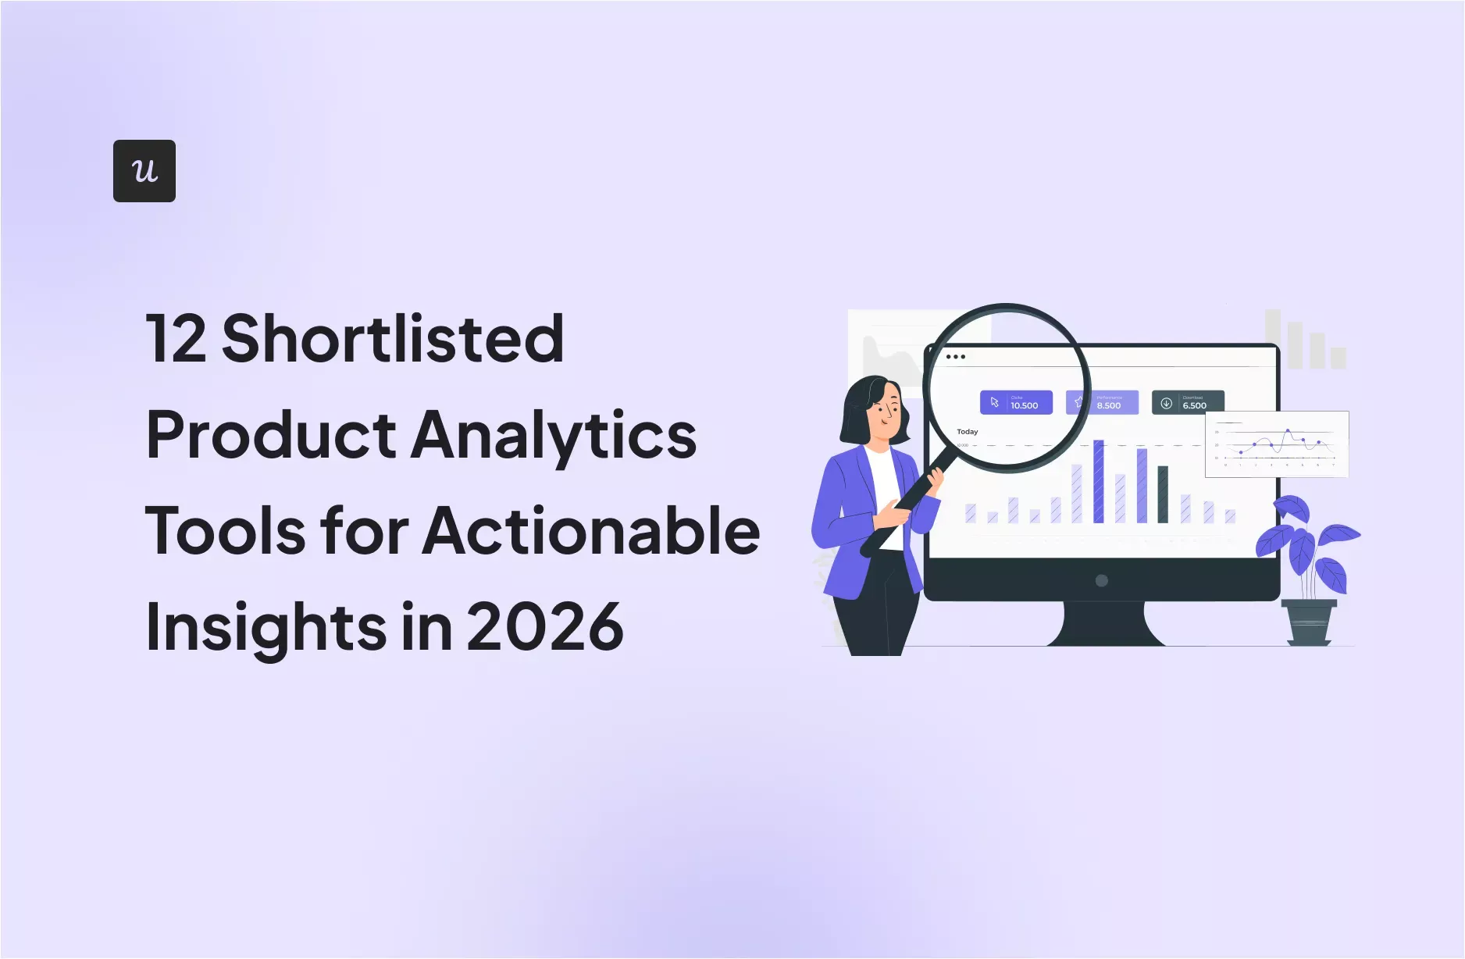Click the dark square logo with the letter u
tap(144, 171)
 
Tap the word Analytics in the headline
tap(554, 435)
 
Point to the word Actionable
tap(591, 531)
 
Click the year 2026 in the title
tap(545, 627)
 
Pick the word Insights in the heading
tap(266, 627)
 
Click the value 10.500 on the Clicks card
tap(1024, 405)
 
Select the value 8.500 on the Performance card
tap(1108, 405)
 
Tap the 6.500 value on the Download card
tap(1194, 405)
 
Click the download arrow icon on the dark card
tap(1166, 403)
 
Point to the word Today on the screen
tap(967, 431)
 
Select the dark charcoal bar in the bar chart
tap(1162, 494)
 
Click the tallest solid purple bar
tap(1098, 481)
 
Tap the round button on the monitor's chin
tap(1102, 580)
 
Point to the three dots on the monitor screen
tap(955, 357)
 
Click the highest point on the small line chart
tap(1288, 430)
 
